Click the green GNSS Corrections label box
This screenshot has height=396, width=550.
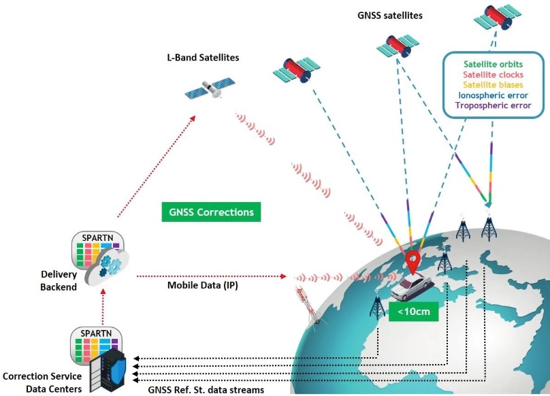click(x=211, y=212)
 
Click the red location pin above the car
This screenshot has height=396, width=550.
click(x=412, y=260)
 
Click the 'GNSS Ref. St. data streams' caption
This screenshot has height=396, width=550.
click(x=206, y=390)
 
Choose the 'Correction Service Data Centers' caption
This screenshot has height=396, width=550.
click(x=42, y=382)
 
